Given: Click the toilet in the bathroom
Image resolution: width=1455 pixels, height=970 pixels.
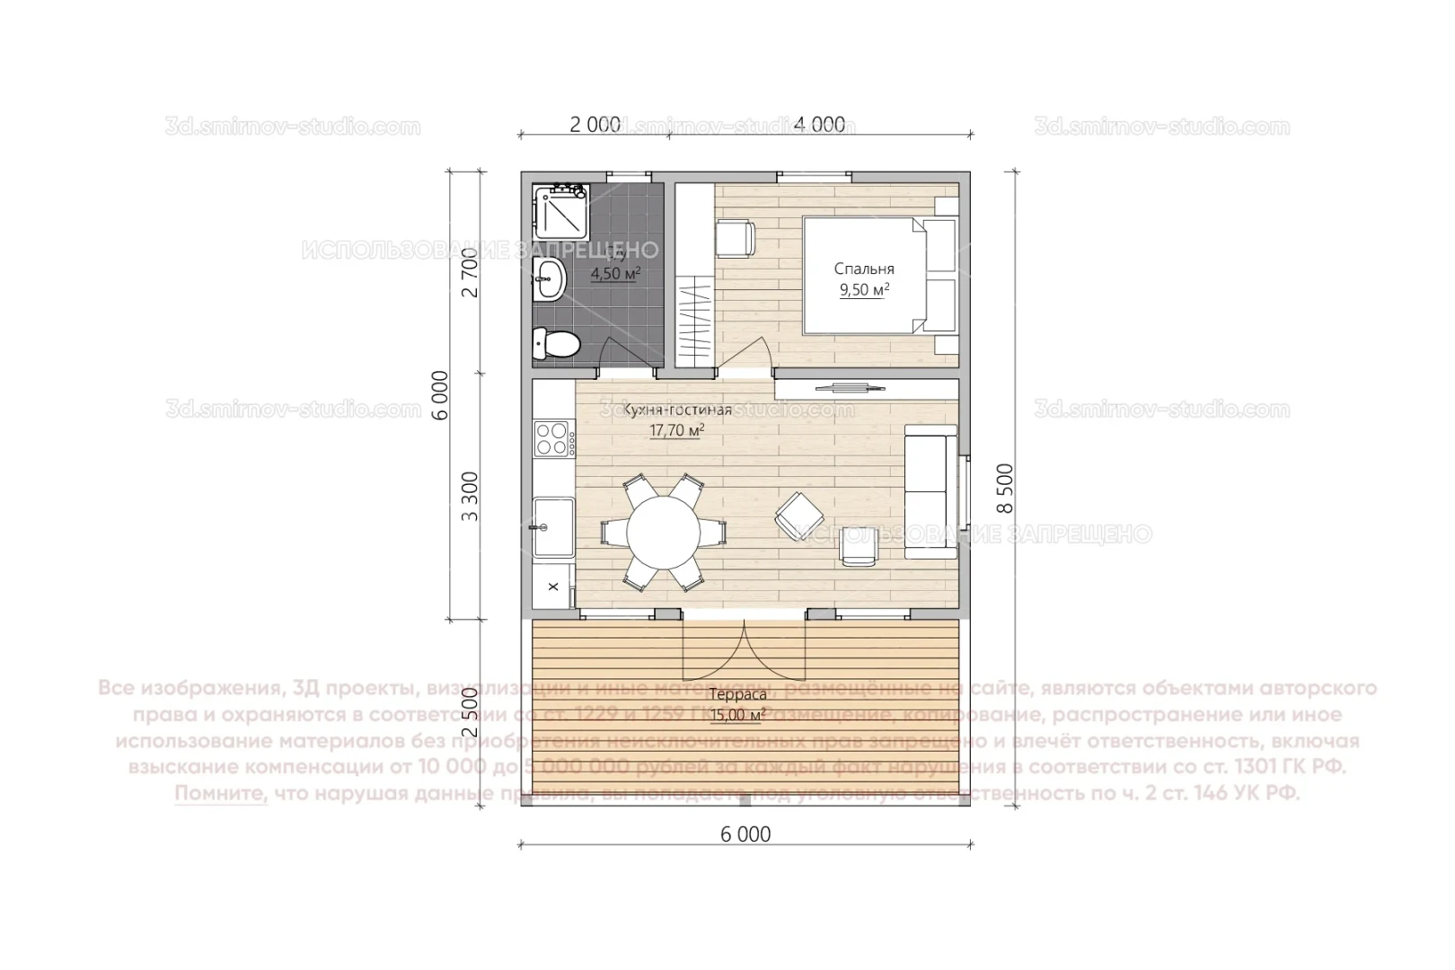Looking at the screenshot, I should click(x=555, y=344).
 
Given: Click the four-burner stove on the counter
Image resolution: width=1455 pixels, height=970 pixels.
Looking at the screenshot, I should click(x=555, y=439).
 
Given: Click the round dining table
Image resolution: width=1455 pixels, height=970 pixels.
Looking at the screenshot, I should click(x=664, y=532).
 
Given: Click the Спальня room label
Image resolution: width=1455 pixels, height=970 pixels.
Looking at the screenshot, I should click(x=864, y=269).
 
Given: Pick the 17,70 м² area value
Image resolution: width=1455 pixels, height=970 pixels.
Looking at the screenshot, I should click(x=676, y=431).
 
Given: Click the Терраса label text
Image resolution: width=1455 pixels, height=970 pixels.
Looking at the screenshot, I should click(x=737, y=695).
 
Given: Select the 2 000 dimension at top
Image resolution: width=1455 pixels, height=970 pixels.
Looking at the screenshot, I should click(x=595, y=125).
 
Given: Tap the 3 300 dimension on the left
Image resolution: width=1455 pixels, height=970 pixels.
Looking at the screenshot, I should click(x=469, y=497).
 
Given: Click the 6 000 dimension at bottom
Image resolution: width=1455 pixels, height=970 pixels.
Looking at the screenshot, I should click(x=745, y=834).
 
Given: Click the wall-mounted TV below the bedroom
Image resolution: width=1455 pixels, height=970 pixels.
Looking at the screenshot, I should click(x=843, y=388).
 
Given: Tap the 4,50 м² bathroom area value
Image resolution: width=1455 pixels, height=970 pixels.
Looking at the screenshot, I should click(x=616, y=274).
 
